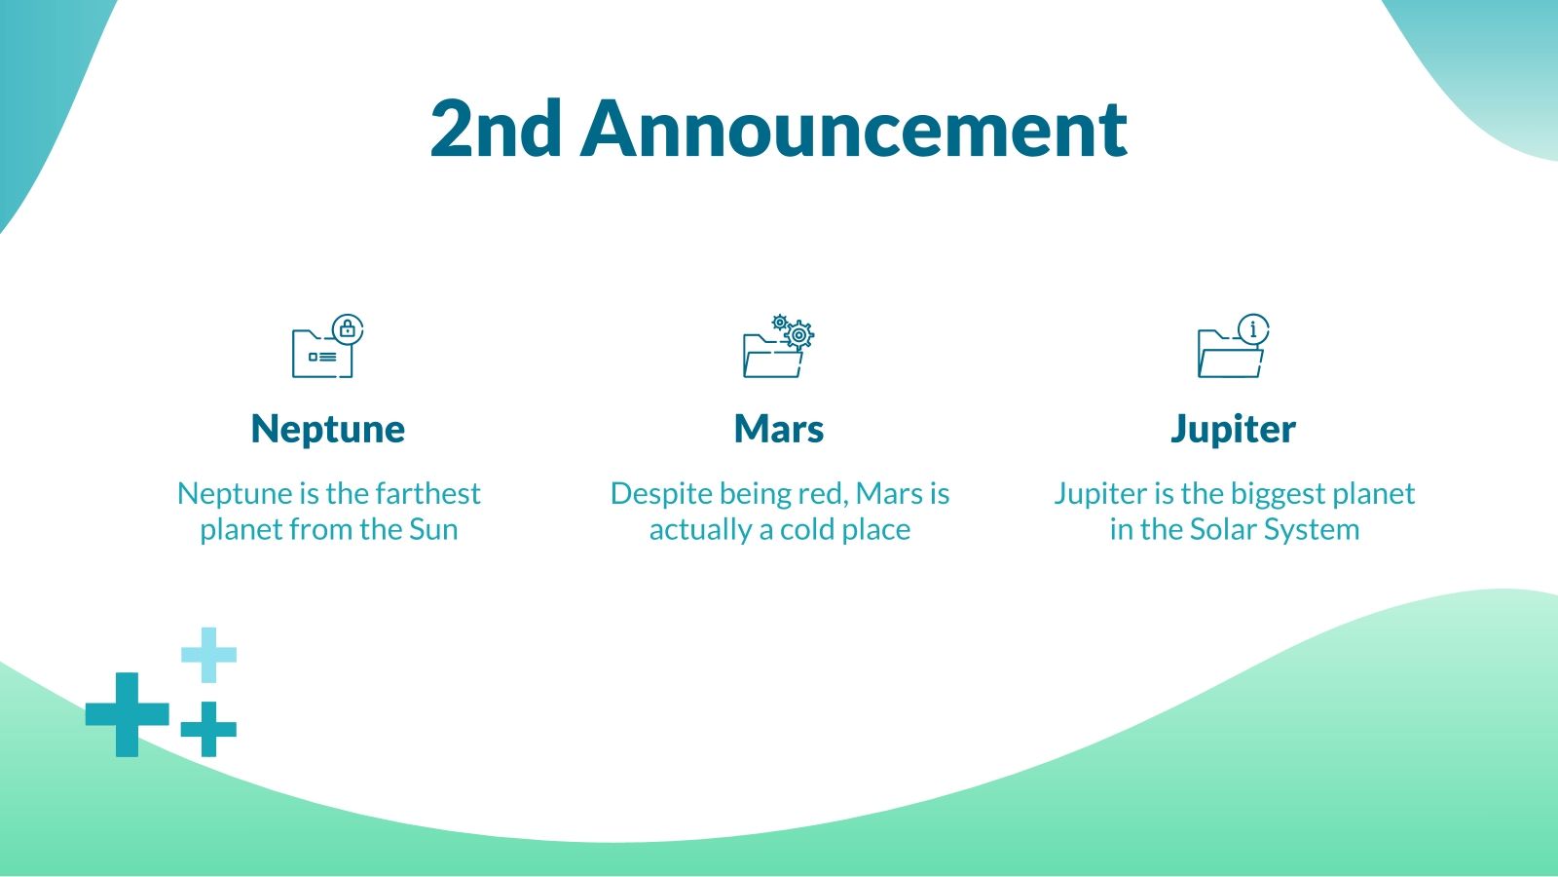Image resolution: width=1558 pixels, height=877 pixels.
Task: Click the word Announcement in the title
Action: click(853, 129)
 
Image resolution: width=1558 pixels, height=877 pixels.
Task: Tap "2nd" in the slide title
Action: click(496, 129)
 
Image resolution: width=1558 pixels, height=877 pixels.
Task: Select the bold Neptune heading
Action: click(327, 429)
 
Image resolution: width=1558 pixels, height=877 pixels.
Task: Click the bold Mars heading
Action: click(778, 429)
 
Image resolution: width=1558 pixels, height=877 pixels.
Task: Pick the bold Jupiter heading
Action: click(1233, 429)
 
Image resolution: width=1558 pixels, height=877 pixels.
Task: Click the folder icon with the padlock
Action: click(327, 346)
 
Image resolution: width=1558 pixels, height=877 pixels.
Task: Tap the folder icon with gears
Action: click(778, 346)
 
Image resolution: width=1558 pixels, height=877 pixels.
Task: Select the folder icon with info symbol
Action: click(1233, 346)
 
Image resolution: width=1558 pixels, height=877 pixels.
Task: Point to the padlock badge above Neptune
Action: click(348, 328)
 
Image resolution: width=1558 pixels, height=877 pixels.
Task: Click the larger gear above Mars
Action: click(799, 336)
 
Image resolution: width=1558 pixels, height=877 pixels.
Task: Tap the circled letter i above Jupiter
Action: click(1254, 328)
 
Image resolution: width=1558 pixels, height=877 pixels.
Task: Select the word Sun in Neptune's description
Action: click(433, 529)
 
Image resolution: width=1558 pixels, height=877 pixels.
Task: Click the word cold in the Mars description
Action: click(806, 529)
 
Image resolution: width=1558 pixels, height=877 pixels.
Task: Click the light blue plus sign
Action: click(208, 655)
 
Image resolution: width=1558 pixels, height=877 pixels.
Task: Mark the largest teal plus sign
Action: click(128, 715)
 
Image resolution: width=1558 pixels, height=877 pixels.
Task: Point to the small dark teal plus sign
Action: click(208, 730)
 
